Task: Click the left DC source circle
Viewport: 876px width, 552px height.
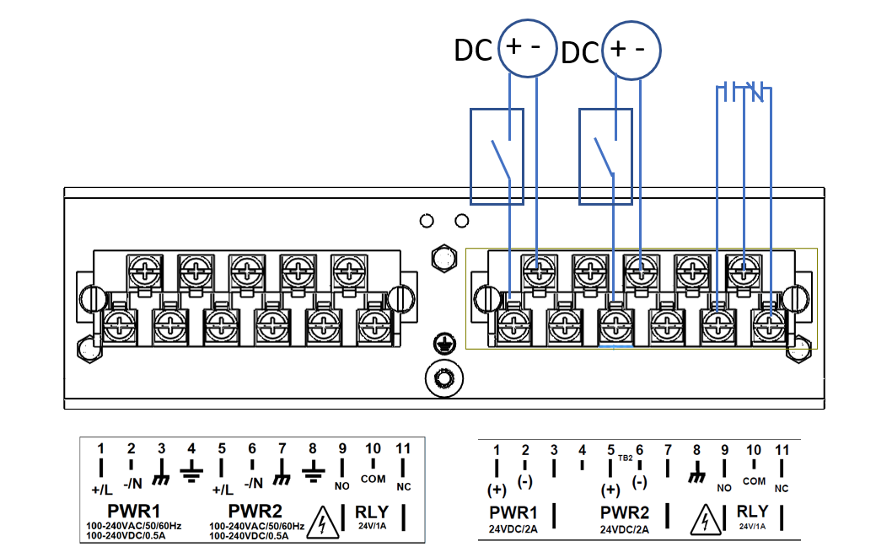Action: pos(528,49)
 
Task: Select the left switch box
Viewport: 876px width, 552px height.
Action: pos(497,156)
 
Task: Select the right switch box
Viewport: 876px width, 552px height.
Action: pos(605,156)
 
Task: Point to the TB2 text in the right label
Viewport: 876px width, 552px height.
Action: pos(625,459)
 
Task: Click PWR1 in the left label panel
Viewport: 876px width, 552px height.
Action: pos(133,511)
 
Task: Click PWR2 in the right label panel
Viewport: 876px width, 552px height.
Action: pos(625,512)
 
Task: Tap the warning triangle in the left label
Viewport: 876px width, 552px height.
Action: pos(324,523)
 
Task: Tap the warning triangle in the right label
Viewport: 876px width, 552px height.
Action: pos(701,523)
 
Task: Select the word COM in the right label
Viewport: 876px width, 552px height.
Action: pos(754,481)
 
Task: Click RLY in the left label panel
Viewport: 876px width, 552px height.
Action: pos(373,511)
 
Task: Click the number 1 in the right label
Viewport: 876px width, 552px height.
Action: pos(497,450)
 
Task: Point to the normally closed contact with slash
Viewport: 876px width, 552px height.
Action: pos(757,90)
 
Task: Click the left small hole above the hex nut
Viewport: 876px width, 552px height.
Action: pos(427,221)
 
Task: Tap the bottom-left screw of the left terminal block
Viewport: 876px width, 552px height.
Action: pos(119,324)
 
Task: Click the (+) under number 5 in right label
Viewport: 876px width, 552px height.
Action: pos(610,490)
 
